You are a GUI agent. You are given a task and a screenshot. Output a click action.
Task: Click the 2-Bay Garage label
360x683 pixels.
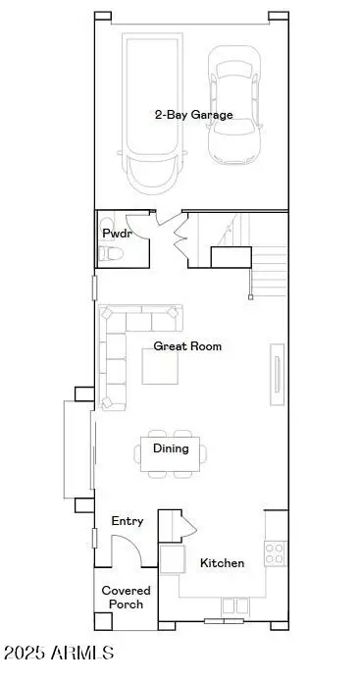pyautogui.click(x=193, y=115)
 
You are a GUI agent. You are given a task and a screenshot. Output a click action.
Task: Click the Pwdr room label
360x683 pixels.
pyautogui.click(x=115, y=234)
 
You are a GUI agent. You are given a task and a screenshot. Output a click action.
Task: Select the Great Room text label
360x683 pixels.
pyautogui.click(x=187, y=346)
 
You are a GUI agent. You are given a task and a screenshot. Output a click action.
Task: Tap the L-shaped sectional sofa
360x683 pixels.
pyautogui.click(x=118, y=348)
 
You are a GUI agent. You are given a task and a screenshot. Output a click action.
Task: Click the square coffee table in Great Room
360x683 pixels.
pyautogui.click(x=161, y=367)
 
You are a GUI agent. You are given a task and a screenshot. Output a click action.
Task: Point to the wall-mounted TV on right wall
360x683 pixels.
pyautogui.click(x=277, y=376)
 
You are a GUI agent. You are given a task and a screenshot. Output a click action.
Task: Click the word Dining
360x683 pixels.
pyautogui.click(x=171, y=448)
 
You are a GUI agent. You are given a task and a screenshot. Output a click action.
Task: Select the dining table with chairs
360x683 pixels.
pyautogui.click(x=173, y=452)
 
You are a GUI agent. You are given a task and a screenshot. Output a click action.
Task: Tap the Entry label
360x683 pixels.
pyautogui.click(x=128, y=521)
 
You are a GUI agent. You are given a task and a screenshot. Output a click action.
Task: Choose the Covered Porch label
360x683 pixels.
pyautogui.click(x=124, y=597)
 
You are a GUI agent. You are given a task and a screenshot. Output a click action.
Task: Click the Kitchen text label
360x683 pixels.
pyautogui.click(x=222, y=563)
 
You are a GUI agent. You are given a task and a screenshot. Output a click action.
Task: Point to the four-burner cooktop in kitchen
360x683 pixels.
pyautogui.click(x=276, y=552)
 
